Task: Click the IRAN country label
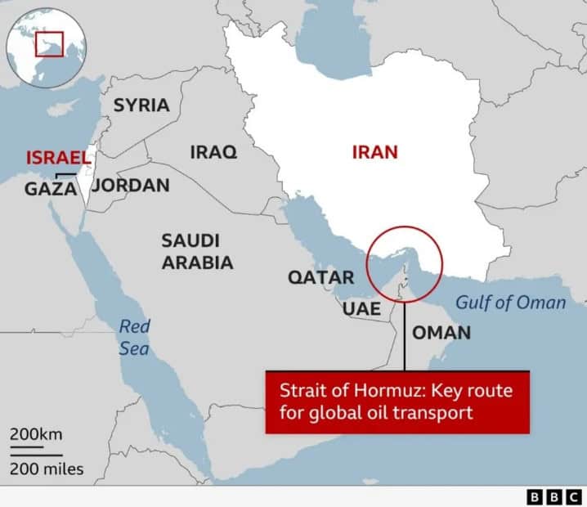click(374, 151)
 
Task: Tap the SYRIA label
click(141, 105)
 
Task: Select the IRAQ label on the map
click(213, 152)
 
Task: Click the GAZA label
click(51, 189)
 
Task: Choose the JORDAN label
click(131, 185)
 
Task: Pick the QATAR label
click(320, 277)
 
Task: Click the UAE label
click(361, 309)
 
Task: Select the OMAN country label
click(441, 332)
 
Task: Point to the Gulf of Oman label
click(510, 303)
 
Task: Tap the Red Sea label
click(134, 337)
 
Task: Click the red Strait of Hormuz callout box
click(397, 402)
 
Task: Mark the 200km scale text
click(36, 433)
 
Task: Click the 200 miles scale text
click(47, 469)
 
